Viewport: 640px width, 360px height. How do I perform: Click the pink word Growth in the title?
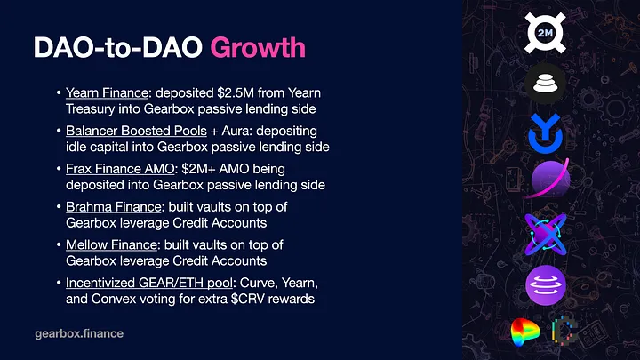[x=258, y=49]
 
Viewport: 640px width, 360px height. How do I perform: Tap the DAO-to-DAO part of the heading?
[x=118, y=47]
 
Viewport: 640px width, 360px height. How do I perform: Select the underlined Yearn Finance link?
[x=107, y=93]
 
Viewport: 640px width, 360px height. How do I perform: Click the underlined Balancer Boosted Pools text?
[x=136, y=131]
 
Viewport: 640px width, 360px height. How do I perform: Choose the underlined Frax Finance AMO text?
[x=120, y=169]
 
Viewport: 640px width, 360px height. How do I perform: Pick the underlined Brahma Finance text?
[x=114, y=207]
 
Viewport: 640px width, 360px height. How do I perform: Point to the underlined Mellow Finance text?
[x=111, y=245]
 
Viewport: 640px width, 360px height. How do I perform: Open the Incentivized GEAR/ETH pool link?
[x=149, y=283]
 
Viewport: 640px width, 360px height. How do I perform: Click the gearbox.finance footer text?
[x=79, y=333]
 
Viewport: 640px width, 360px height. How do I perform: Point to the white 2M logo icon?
[x=545, y=33]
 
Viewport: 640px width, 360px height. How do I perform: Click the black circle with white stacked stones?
[x=545, y=84]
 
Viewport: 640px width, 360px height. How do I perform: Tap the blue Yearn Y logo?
[x=545, y=134]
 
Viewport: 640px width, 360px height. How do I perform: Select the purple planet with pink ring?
[x=548, y=179]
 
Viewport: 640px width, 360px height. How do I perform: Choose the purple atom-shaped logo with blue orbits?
[x=545, y=235]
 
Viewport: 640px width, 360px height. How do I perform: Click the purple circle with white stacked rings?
[x=546, y=285]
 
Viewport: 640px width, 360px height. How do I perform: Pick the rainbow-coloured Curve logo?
[x=525, y=332]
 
